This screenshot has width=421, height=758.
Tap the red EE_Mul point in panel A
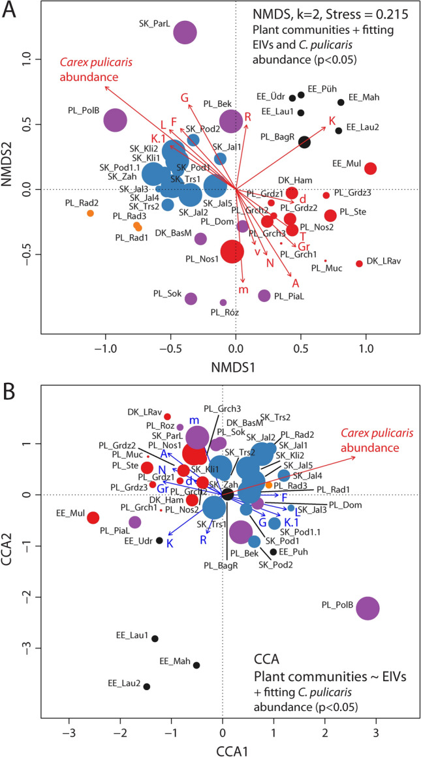[370, 168]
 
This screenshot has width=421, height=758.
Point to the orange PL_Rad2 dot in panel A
[90, 213]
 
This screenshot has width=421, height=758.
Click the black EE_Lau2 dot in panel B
[147, 686]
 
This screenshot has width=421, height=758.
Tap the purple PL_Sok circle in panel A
[191, 299]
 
